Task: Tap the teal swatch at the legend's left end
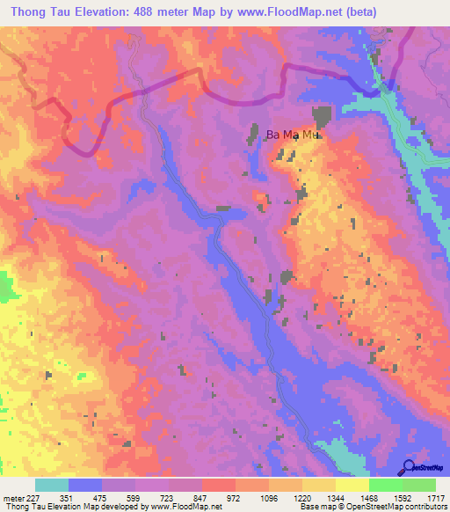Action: (x=51, y=485)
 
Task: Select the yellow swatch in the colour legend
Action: (x=352, y=485)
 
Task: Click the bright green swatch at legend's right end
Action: (x=419, y=485)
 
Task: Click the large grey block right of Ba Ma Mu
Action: (x=322, y=116)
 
